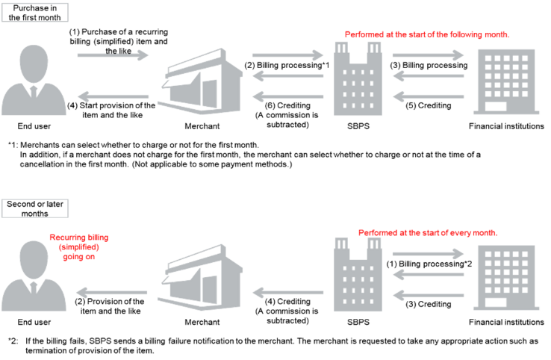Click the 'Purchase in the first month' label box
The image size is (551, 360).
[x=37, y=12]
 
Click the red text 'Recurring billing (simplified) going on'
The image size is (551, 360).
[x=79, y=246]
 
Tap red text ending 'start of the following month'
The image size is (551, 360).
[x=428, y=35]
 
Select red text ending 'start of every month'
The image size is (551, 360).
[x=428, y=233]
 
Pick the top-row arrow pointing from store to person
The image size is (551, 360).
[x=113, y=96]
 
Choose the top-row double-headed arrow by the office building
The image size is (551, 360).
[x=428, y=55]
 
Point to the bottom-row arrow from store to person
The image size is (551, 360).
[x=112, y=292]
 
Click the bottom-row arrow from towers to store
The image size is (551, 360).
[x=287, y=292]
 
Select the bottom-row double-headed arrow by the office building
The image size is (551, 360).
[x=428, y=254]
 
